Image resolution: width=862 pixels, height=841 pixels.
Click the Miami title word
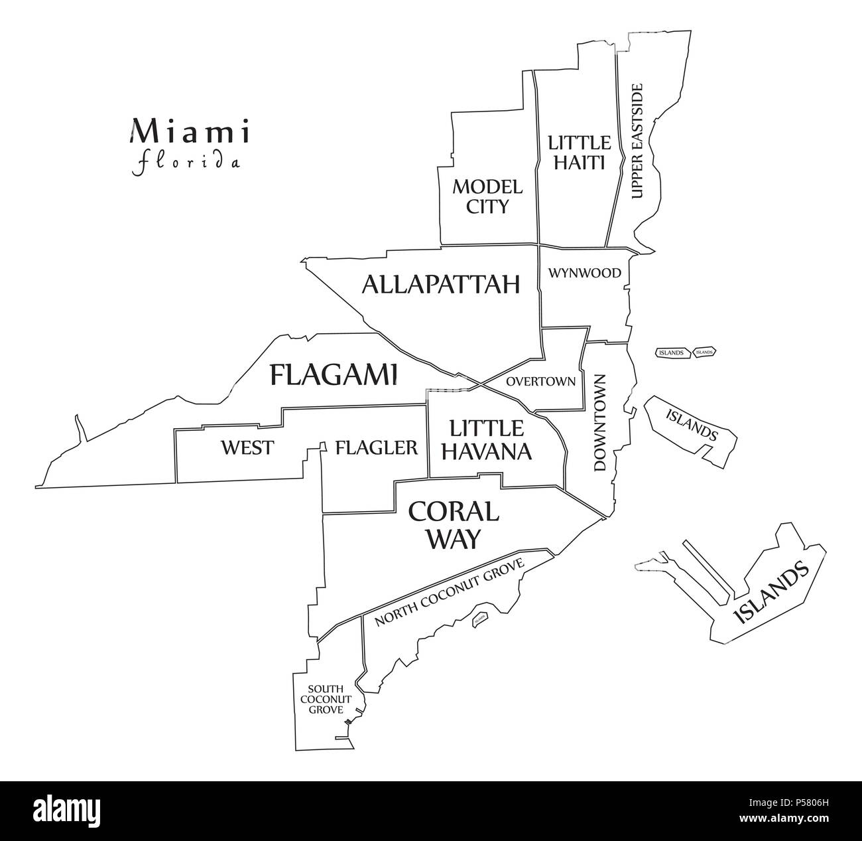tap(190, 131)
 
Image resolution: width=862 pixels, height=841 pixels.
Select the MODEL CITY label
tap(487, 196)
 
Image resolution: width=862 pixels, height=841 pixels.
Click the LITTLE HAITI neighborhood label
tap(578, 152)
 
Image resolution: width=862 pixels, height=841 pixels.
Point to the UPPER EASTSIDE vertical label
tap(637, 141)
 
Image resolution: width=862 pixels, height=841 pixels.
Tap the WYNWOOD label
tap(584, 273)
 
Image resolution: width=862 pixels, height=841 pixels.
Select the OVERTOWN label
tap(540, 382)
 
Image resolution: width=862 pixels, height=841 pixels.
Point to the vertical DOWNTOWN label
tap(600, 423)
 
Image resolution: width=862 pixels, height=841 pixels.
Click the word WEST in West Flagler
tap(247, 447)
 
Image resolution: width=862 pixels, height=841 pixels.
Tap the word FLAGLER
tap(377, 447)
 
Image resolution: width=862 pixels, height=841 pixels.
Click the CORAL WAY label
tap(453, 524)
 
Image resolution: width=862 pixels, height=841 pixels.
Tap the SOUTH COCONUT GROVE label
tap(324, 699)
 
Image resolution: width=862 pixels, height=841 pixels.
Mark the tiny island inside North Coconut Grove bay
tap(479, 619)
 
